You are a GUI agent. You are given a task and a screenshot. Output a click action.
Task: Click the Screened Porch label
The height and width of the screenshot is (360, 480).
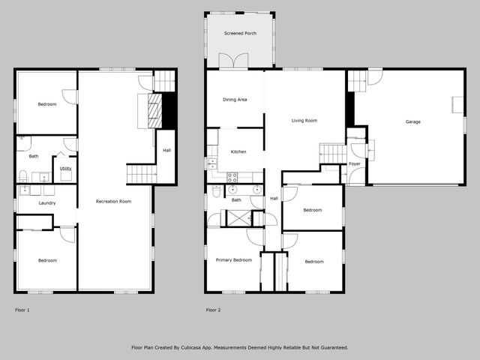tap(240, 34)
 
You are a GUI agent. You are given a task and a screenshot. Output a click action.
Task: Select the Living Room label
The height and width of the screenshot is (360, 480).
tap(304, 120)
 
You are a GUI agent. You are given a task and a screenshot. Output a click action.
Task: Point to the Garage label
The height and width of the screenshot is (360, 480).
tap(412, 121)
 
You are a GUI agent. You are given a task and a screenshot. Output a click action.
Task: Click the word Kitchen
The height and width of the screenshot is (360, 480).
tap(238, 152)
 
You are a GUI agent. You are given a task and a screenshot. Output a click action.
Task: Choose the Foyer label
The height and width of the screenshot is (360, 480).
tap(355, 163)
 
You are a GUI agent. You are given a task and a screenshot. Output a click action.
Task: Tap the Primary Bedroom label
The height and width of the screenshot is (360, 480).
tap(233, 260)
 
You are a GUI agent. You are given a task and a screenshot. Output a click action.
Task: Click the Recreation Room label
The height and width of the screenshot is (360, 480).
tap(114, 201)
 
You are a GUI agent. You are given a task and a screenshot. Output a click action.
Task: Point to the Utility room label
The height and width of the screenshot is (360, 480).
tap(65, 168)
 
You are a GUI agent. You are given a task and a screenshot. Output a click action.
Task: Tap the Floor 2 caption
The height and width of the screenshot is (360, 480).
tap(214, 309)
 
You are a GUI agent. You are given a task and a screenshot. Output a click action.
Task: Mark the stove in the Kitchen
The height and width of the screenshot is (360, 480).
tap(232, 178)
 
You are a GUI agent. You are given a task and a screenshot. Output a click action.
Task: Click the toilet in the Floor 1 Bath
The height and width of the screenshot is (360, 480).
tap(23, 176)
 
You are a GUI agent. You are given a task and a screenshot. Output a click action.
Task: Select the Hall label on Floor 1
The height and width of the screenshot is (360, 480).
tap(166, 151)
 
